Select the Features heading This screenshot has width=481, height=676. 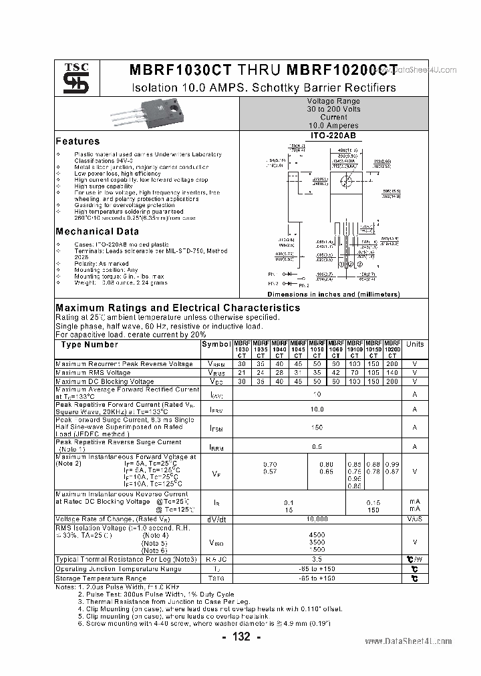click(77, 142)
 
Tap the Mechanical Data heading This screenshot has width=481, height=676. click(97, 232)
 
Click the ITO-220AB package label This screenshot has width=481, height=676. click(333, 136)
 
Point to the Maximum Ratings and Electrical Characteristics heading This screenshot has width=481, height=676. click(178, 308)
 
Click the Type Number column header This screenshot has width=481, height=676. click(90, 345)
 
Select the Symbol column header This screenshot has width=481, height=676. click(216, 345)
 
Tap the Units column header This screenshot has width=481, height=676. click(415, 345)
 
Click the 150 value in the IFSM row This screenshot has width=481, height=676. click(317, 428)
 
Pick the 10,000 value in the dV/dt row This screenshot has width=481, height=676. click(317, 518)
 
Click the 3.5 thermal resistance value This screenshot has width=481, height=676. click(317, 559)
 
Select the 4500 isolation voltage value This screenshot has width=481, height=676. click(317, 534)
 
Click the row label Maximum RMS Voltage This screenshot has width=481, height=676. click(93, 372)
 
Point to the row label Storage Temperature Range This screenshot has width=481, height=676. click(101, 578)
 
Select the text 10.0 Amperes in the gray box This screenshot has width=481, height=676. click(333, 126)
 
